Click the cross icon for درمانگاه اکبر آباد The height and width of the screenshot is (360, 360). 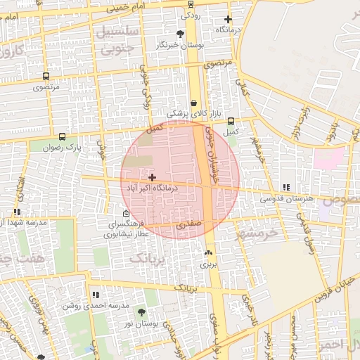[153, 177]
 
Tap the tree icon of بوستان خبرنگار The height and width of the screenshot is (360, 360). [181, 34]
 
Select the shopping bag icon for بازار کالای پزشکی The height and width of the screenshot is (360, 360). [193, 103]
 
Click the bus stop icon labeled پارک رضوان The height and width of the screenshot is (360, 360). [63, 137]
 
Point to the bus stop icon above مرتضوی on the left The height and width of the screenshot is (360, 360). [46, 77]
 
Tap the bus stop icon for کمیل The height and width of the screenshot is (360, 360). [231, 121]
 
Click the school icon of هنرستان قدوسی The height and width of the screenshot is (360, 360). [285, 188]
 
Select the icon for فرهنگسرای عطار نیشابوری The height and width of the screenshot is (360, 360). [126, 214]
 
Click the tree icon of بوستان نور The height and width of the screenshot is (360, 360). [142, 311]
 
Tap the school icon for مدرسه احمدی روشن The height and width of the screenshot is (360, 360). [96, 295]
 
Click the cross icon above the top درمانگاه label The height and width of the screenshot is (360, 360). [227, 19]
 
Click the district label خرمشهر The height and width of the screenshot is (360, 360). [257, 233]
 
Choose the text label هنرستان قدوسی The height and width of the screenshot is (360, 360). [286, 199]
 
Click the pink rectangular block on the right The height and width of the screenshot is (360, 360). [329, 157]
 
